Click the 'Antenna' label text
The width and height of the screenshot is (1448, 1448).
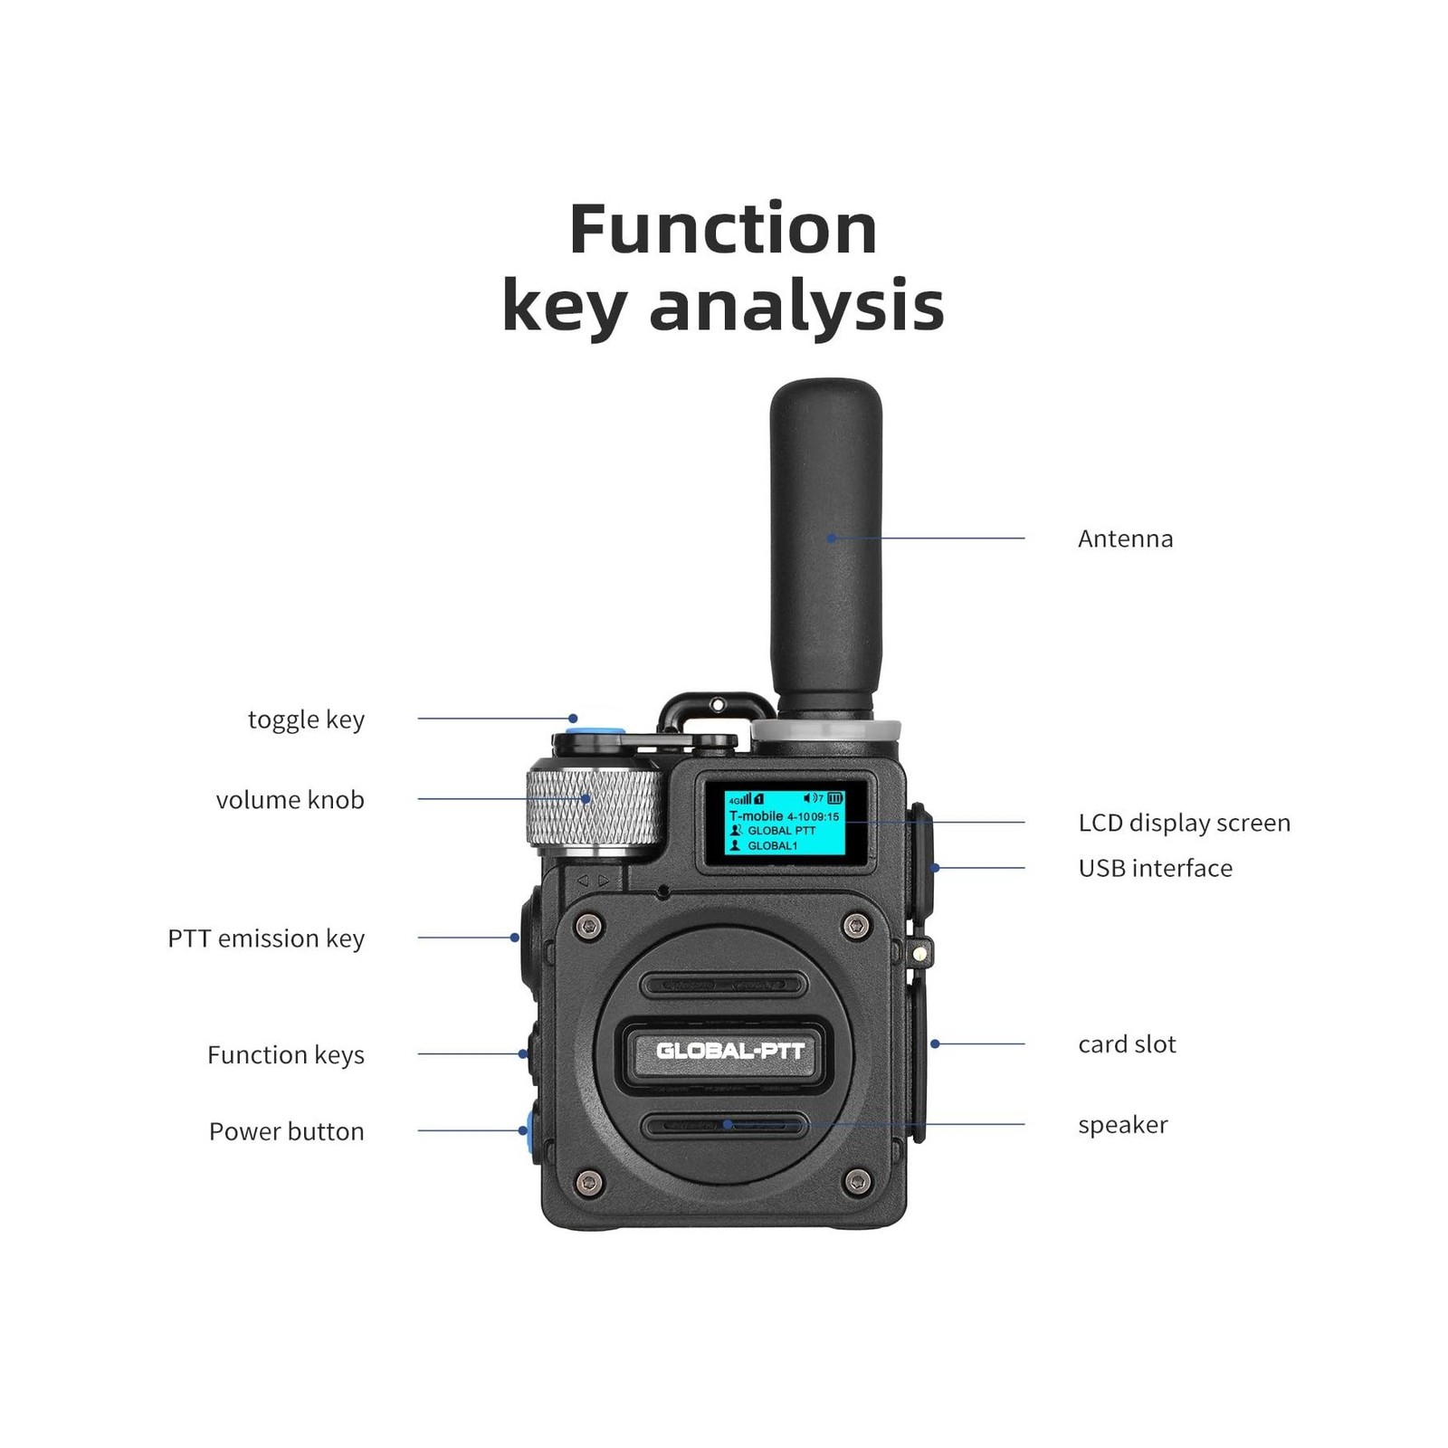click(1125, 538)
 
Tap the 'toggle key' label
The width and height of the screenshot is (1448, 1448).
click(306, 719)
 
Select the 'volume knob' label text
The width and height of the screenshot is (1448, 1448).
click(290, 800)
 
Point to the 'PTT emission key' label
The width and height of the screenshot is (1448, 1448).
click(266, 938)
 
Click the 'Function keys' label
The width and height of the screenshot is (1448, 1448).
click(286, 1055)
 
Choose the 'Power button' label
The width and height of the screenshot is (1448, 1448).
click(286, 1131)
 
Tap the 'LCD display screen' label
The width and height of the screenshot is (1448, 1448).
click(1184, 823)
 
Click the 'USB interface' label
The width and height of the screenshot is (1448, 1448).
click(1155, 868)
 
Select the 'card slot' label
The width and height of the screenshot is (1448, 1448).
click(1127, 1044)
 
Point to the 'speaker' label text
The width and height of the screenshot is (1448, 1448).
click(1122, 1125)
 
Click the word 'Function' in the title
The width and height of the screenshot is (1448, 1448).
click(723, 229)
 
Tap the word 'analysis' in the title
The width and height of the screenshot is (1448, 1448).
click(796, 306)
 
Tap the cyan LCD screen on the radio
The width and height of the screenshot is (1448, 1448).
click(784, 822)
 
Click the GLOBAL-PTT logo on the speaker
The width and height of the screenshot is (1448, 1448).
click(729, 1051)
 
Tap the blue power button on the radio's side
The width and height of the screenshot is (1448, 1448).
click(526, 1130)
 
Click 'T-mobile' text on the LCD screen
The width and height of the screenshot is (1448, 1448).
click(756, 815)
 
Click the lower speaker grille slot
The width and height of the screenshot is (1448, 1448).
click(724, 1126)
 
